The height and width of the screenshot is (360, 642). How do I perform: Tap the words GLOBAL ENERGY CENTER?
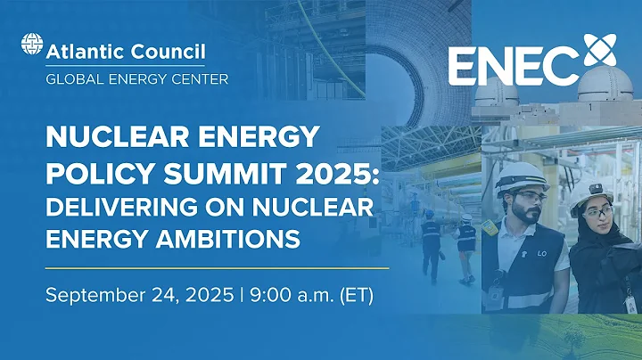(136, 78)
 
